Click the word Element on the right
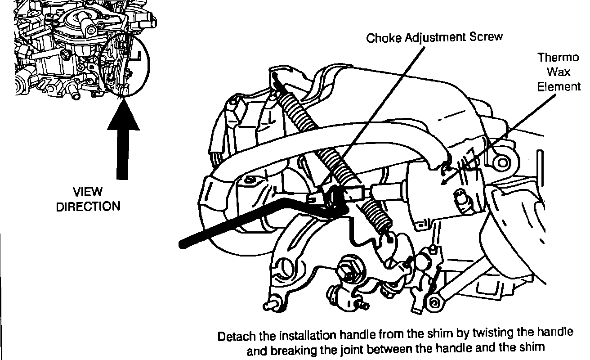559,86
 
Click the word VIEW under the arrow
88,193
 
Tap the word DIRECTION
88,207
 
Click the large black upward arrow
123,144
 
